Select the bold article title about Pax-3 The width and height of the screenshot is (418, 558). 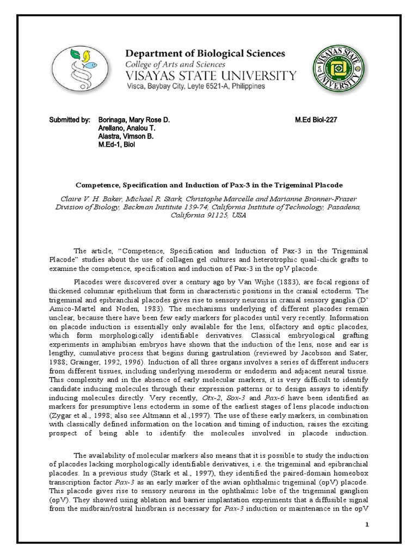[x=209, y=185]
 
